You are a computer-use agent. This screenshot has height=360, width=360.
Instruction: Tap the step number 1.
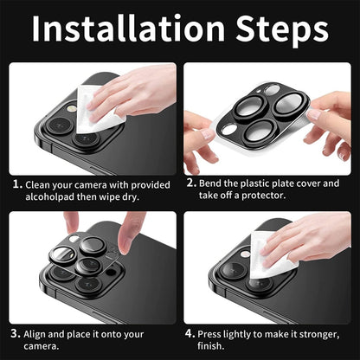16,184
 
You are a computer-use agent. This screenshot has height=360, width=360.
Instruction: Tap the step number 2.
191,184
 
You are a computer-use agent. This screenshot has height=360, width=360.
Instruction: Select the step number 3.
16,332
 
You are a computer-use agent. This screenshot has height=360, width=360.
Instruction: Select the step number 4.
191,332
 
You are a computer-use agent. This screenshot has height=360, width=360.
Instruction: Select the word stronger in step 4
323,332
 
